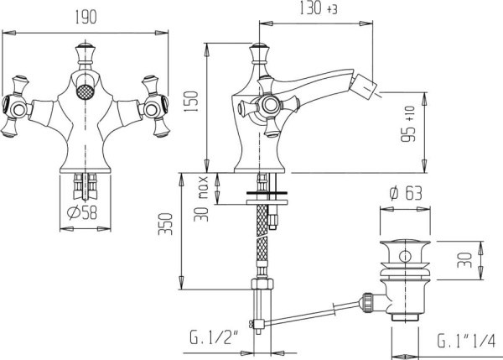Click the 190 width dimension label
point(86,17)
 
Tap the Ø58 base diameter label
point(82,212)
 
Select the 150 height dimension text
point(192,102)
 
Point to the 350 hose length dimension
point(165,224)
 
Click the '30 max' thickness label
point(201,199)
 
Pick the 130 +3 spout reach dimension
point(319,8)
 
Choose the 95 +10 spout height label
point(408,123)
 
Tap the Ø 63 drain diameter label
point(406,193)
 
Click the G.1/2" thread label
point(214,337)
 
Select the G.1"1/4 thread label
point(466,341)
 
